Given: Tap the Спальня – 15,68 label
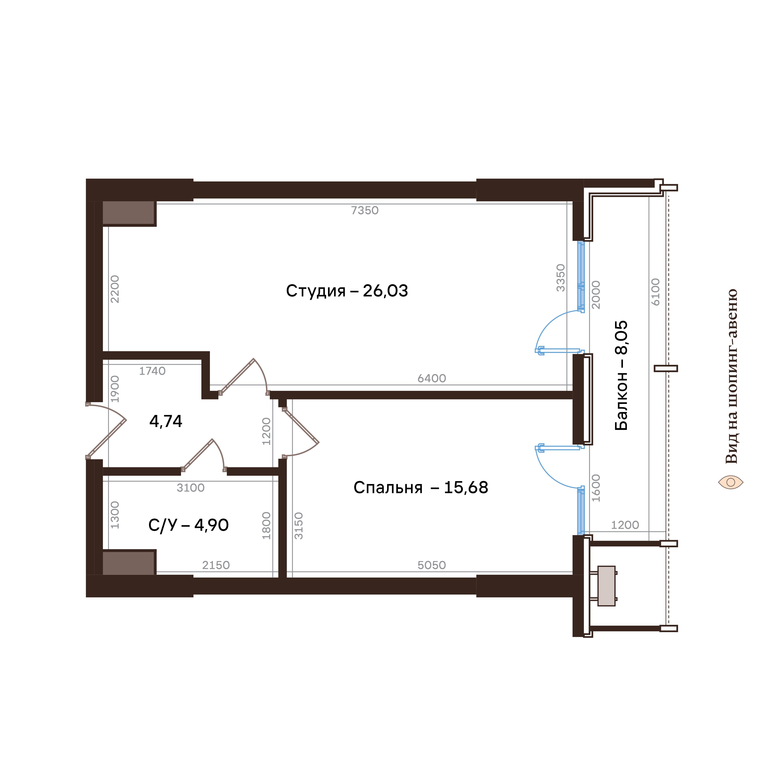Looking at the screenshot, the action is [x=421, y=488].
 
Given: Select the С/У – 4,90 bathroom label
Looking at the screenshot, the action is [x=188, y=525].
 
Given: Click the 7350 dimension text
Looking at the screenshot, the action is [x=365, y=210].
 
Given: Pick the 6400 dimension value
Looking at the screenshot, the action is [x=432, y=378].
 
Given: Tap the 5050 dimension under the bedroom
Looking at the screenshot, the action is [x=432, y=565].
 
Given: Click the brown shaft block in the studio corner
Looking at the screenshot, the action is [x=129, y=213].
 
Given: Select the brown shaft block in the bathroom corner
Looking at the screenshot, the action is [x=129, y=563].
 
